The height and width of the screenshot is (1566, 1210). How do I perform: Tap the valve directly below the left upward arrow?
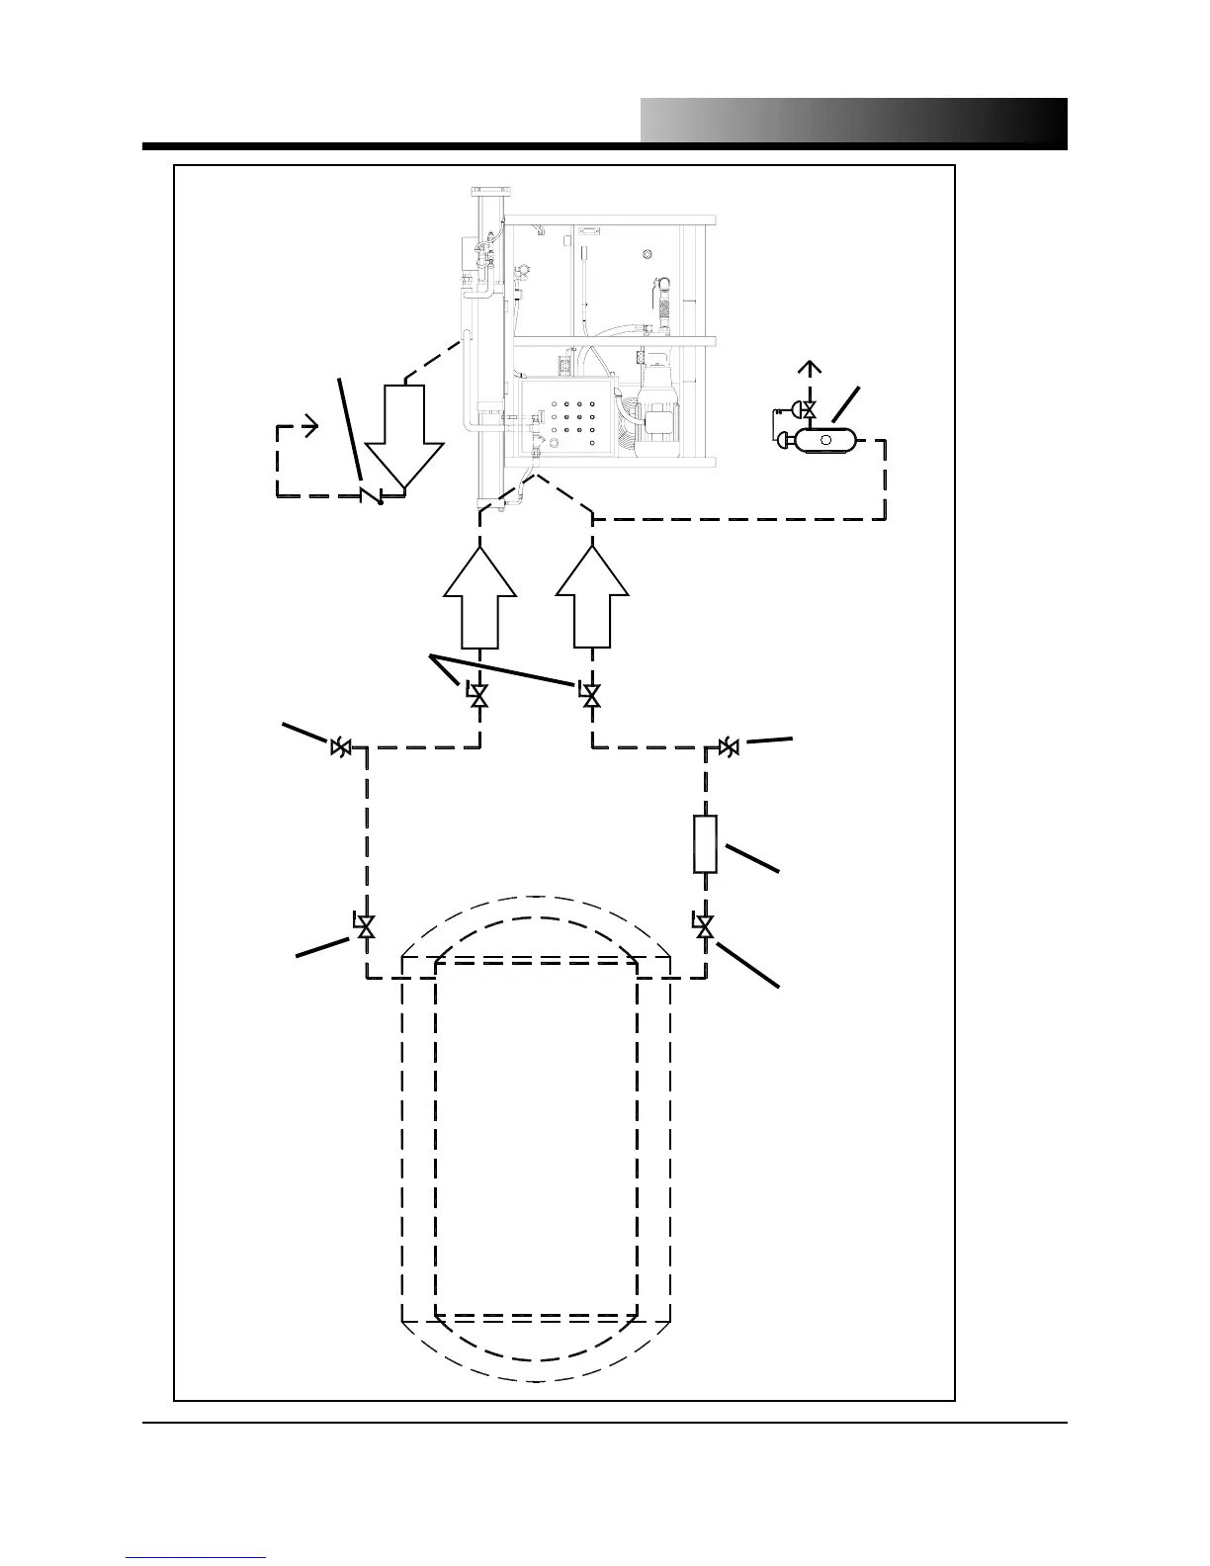pos(479,696)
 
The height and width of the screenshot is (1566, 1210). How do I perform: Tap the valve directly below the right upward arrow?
pos(592,696)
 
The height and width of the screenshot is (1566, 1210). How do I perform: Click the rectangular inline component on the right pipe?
pos(704,843)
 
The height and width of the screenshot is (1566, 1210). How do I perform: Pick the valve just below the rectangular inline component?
pos(705,926)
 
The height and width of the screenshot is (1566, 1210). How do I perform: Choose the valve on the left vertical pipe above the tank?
pos(366,926)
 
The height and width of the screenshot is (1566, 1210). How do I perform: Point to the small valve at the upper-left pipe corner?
pos(340,747)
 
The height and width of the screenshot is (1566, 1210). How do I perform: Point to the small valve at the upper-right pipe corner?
pos(730,747)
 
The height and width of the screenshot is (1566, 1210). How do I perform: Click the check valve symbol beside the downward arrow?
pos(374,493)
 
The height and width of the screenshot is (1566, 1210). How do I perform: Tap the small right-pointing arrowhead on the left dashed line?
pos(311,427)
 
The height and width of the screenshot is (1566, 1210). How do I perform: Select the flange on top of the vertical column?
pos(488,192)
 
